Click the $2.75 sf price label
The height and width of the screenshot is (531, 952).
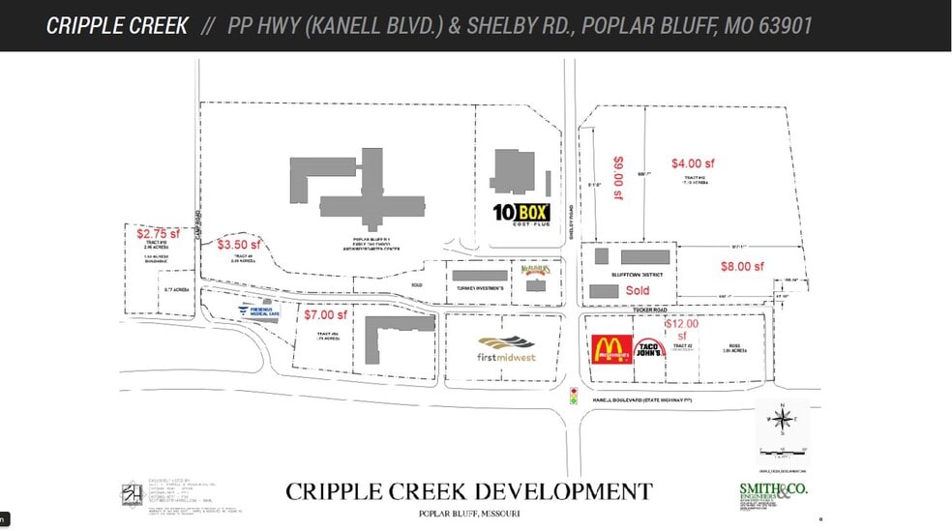(158, 233)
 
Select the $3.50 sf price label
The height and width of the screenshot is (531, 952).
(239, 245)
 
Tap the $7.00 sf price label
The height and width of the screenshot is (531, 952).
(325, 314)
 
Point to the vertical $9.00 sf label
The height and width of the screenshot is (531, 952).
(618, 179)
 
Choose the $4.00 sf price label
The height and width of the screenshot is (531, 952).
(693, 163)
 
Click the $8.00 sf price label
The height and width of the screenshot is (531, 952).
(742, 266)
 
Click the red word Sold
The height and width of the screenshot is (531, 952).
(638, 290)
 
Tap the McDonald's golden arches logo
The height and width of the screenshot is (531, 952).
(611, 349)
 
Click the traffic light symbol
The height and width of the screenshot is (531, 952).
(572, 395)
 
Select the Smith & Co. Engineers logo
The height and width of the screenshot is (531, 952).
(771, 494)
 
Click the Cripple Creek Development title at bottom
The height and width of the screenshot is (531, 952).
(468, 491)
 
